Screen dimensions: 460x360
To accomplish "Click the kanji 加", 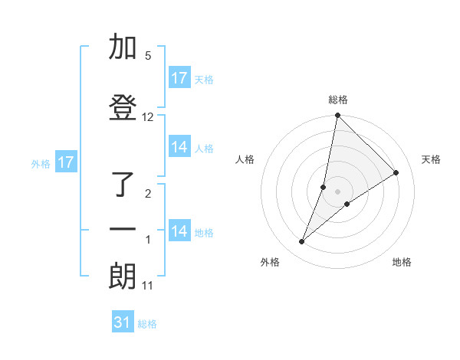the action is pyautogui.click(x=123, y=47).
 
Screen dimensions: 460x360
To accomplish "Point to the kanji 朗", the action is pyautogui.click(x=123, y=277).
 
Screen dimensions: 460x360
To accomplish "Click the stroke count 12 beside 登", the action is pyautogui.click(x=148, y=117).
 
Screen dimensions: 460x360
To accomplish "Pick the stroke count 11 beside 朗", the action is pyautogui.click(x=148, y=286).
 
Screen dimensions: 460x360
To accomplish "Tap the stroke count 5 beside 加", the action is pyautogui.click(x=148, y=56).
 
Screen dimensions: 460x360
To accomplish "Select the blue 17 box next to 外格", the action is pyautogui.click(x=65, y=162).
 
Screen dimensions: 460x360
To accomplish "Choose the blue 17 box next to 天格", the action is pyautogui.click(x=179, y=78).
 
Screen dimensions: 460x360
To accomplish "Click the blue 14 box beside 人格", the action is pyautogui.click(x=179, y=147).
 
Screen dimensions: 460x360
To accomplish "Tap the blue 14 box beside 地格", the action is pyautogui.click(x=179, y=231).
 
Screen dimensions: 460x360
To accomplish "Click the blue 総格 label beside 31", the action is pyautogui.click(x=147, y=324).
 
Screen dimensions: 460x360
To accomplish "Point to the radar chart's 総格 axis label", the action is pyautogui.click(x=337, y=100).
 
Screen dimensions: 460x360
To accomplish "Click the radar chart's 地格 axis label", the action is pyautogui.click(x=402, y=262).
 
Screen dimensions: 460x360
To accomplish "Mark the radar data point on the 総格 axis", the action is pyautogui.click(x=337, y=116).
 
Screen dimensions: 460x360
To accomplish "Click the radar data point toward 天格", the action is pyautogui.click(x=396, y=173).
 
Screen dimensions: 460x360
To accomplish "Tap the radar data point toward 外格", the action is pyautogui.click(x=302, y=242).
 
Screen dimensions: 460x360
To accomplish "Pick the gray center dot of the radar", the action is pyautogui.click(x=337, y=191).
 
